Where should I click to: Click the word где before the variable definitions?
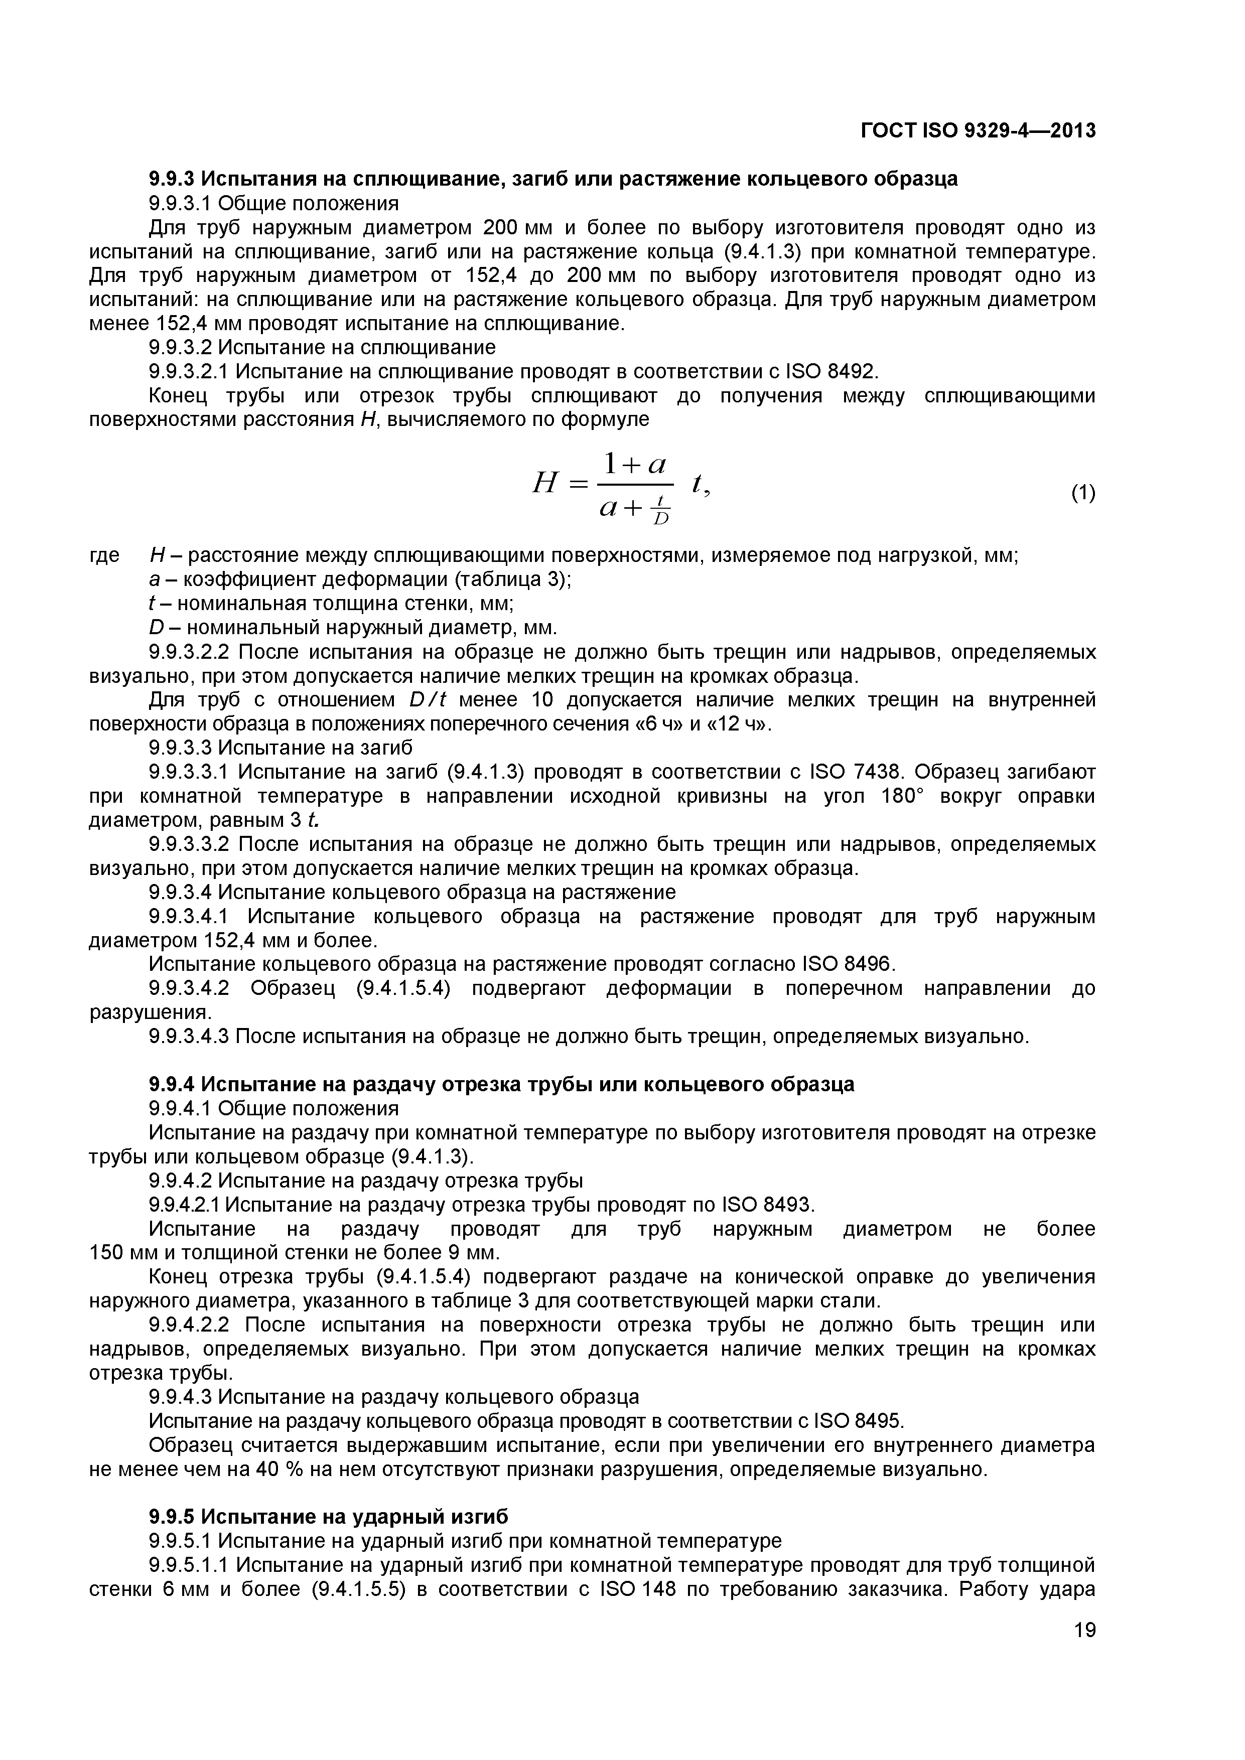coord(105,556)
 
